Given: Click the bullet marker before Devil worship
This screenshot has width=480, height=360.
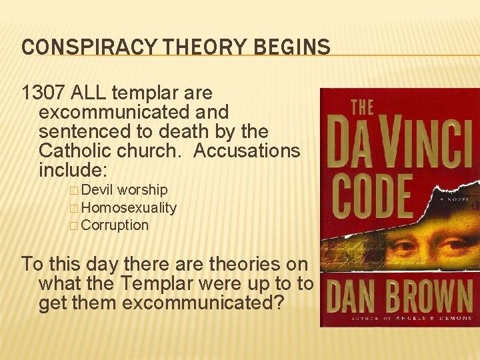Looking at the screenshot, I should point(73,191).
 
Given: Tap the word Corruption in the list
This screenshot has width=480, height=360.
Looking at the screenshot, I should point(115,225).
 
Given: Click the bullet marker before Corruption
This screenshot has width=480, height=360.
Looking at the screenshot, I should point(73,225).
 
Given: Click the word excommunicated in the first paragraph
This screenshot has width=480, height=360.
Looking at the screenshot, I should point(133,112).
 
